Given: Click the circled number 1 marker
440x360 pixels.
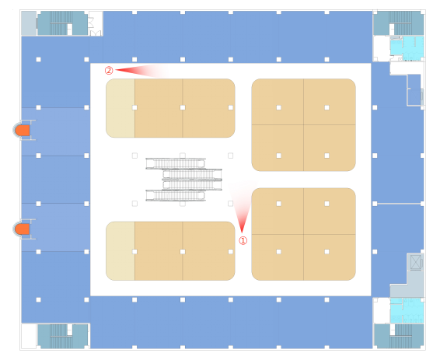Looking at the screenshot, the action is (243, 240).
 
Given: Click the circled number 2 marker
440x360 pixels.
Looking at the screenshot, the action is (109, 71).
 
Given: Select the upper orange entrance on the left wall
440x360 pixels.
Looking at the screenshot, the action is (23, 131).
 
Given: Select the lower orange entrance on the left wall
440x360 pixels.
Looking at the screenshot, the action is (23, 229).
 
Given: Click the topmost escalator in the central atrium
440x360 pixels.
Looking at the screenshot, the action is (176, 163).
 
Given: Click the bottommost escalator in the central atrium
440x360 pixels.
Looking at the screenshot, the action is (176, 196).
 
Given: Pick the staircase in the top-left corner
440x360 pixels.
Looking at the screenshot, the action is (62, 23).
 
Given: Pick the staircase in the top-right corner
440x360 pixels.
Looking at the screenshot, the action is (399, 23).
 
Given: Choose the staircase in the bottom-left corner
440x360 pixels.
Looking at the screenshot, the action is (62, 336).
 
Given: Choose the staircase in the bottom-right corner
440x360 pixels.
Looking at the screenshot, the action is (399, 336).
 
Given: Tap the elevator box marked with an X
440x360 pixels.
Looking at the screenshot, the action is (415, 262).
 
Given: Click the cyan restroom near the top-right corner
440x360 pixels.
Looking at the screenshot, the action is (407, 48).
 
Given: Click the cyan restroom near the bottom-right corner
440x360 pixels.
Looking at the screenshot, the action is (407, 310).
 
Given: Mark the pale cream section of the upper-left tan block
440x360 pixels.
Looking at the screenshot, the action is (120, 108).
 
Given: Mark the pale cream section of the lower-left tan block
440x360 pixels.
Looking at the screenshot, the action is (120, 251).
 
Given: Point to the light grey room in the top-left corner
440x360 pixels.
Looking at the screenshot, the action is (29, 23).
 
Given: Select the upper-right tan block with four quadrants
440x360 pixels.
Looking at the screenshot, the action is (304, 125).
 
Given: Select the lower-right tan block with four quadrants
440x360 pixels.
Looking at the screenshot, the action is (304, 234).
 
